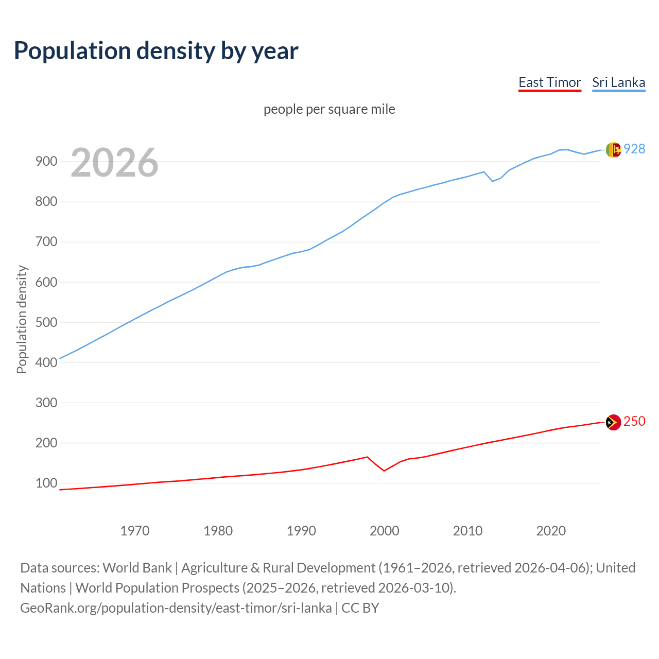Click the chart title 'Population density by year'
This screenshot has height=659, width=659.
tap(156, 51)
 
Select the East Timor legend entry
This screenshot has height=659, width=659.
tap(549, 82)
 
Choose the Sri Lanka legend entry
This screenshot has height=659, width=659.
tap(618, 82)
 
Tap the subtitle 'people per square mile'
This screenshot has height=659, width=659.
tap(329, 109)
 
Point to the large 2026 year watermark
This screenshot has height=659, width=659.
tap(114, 163)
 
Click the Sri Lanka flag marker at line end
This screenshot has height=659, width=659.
tap(613, 150)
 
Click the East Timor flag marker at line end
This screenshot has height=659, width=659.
tap(613, 422)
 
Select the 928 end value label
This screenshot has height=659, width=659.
tap(634, 149)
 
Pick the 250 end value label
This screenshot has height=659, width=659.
tap(634, 422)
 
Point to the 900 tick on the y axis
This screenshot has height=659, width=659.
tap(46, 162)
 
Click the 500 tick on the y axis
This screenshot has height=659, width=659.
tap(46, 322)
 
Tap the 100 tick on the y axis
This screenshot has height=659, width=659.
tap(46, 483)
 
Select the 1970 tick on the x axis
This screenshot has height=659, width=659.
tap(135, 531)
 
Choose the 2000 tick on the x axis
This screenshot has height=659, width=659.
tap(385, 531)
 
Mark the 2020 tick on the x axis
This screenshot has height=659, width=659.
tap(551, 531)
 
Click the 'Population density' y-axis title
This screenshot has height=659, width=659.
tap(22, 319)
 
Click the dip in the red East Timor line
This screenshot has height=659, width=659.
tap(384, 471)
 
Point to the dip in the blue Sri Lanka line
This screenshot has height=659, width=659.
tap(492, 181)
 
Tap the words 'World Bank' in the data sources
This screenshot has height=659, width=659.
tap(137, 568)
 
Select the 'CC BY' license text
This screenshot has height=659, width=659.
tap(360, 608)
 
